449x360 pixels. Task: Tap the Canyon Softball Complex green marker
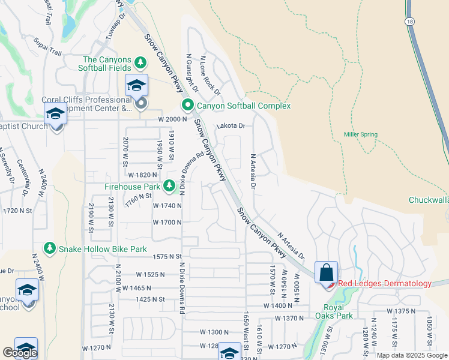coord(187,106)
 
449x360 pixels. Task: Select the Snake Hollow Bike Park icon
coord(47,248)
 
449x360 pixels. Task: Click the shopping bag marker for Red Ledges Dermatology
coord(326,272)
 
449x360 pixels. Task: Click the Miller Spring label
coord(361,134)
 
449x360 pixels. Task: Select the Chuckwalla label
coord(428,200)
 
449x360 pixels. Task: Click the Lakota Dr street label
coord(231,126)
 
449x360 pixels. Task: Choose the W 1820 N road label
coord(142,175)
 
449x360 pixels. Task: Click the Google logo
coord(20,353)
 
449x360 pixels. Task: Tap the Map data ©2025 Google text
coord(411,355)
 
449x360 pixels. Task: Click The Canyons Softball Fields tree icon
coord(140,63)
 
